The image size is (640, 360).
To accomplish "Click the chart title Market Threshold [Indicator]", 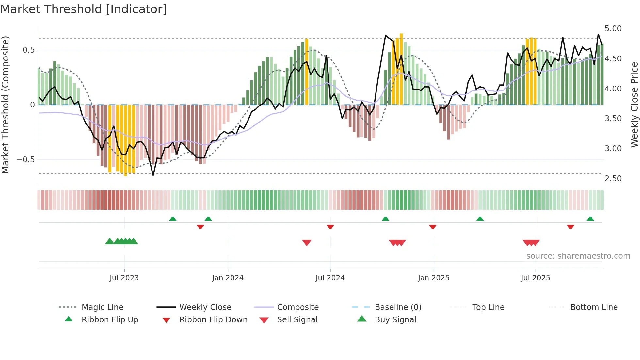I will pyautogui.click(x=84, y=9).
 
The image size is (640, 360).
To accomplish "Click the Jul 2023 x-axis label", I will pyautogui.click(x=124, y=278).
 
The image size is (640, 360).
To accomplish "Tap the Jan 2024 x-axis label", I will pyautogui.click(x=228, y=278).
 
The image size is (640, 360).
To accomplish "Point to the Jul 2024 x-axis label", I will pyautogui.click(x=330, y=278).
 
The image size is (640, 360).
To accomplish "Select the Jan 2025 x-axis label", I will pyautogui.click(x=433, y=278).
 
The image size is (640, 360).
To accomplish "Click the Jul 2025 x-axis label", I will pyautogui.click(x=535, y=278).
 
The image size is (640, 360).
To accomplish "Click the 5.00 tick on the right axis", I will pyautogui.click(x=613, y=29).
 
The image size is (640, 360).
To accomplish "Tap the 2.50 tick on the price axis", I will pyautogui.click(x=613, y=179).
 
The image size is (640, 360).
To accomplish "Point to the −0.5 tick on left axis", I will pyautogui.click(x=26, y=160).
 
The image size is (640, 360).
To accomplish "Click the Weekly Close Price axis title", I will pyautogui.click(x=634, y=105).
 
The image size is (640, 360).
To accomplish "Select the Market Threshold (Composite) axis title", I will pyautogui.click(x=5, y=105).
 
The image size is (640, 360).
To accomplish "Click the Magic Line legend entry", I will pyautogui.click(x=102, y=307).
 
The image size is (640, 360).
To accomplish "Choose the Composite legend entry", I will pyautogui.click(x=297, y=307).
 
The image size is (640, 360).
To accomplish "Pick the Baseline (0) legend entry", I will pyautogui.click(x=398, y=307).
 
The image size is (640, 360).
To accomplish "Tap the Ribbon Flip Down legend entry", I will pyautogui.click(x=213, y=320).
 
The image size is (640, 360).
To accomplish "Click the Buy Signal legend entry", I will pyautogui.click(x=395, y=320).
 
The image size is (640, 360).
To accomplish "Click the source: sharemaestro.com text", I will pyautogui.click(x=578, y=256).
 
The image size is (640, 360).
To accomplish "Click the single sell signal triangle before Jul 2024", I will pyautogui.click(x=307, y=242).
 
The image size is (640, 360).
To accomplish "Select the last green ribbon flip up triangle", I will pyautogui.click(x=590, y=219).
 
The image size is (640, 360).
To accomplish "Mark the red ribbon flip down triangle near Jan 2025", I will pyautogui.click(x=433, y=227).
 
